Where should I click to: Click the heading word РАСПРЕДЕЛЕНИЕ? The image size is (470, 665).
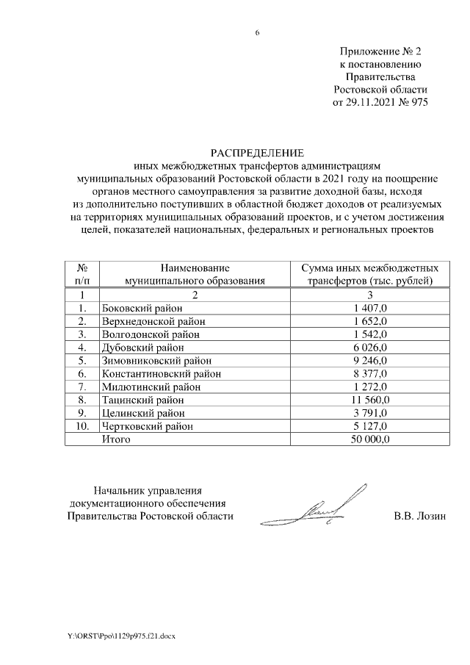tap(256, 153)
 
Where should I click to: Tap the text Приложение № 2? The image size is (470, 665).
tap(380, 52)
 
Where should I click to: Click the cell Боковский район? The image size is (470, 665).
tap(137, 308)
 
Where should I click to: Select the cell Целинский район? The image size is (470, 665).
tap(137, 413)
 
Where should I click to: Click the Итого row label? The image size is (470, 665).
tap(116, 439)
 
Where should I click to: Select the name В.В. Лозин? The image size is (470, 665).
tap(420, 517)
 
